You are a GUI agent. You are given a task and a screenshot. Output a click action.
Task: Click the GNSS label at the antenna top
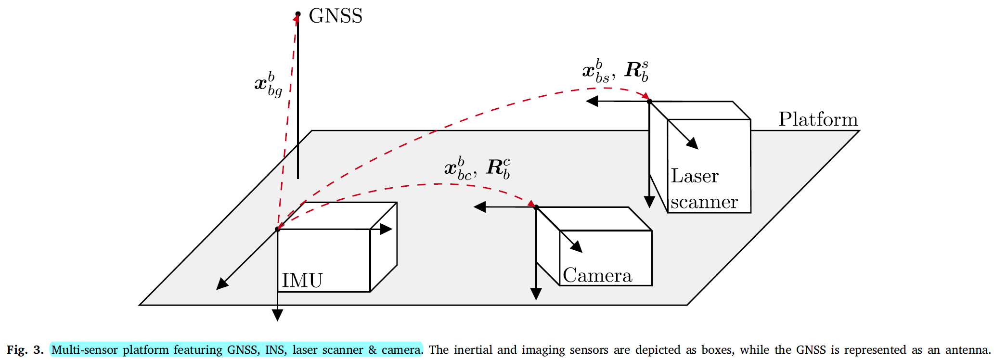(336, 16)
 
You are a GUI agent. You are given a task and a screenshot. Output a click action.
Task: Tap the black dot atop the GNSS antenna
(298, 14)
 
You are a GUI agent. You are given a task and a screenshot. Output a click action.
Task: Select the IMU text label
(302, 280)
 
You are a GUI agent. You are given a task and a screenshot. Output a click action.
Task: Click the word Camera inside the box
(597, 275)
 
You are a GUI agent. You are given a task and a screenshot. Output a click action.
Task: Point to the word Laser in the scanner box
(695, 176)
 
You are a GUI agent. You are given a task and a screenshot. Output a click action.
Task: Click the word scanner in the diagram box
(704, 202)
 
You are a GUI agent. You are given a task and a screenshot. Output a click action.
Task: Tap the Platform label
(818, 119)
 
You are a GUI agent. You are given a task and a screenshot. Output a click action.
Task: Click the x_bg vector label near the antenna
(269, 84)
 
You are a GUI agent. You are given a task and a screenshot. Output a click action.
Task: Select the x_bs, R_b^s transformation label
(615, 71)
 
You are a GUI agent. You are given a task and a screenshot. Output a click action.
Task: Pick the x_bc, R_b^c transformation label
(477, 168)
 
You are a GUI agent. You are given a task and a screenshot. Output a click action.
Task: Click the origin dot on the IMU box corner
(277, 229)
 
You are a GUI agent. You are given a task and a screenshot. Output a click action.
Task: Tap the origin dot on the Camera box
(536, 207)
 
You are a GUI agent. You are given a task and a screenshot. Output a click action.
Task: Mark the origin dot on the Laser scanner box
(649, 102)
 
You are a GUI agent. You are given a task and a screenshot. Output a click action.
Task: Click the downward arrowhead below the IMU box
(277, 315)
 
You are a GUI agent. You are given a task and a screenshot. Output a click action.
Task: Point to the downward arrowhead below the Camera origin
(536, 294)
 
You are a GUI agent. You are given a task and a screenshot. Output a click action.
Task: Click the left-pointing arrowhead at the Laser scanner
(592, 101)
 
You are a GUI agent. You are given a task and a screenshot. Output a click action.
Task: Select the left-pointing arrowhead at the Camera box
(479, 207)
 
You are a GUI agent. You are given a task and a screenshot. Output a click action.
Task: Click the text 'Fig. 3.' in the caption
(25, 350)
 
